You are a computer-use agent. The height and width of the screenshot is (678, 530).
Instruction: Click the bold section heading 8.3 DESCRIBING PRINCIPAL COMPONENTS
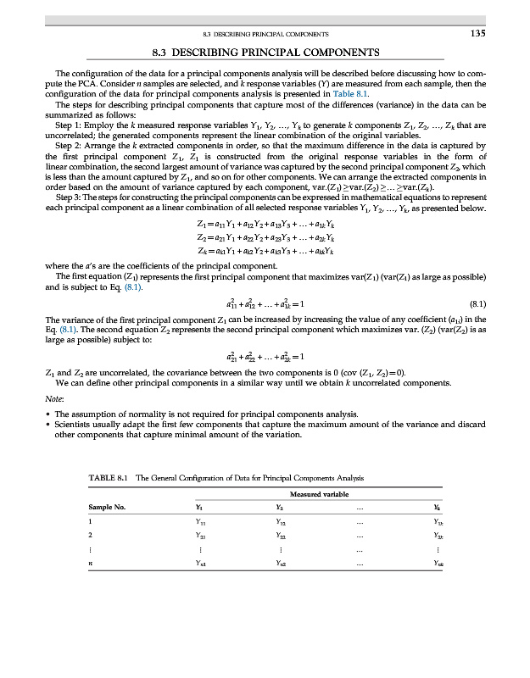click(265, 53)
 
